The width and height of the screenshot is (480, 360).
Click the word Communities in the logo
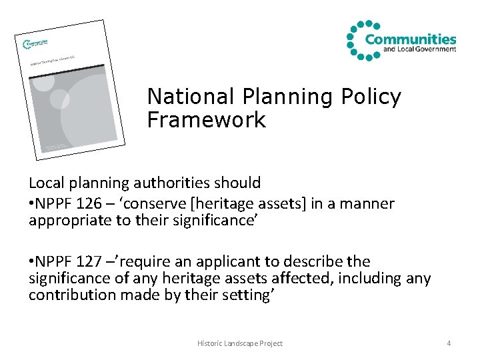tap(410, 39)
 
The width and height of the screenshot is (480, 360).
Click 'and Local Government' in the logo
tap(410, 49)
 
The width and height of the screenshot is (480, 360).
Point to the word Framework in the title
tap(206, 121)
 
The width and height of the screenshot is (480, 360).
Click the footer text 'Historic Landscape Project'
tap(240, 343)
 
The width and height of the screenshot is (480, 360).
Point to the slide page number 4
tap(449, 343)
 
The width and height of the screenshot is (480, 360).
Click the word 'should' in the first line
tap(238, 182)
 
